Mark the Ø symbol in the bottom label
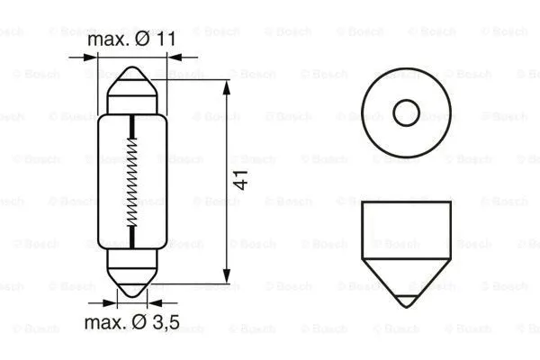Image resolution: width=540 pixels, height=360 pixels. pyautogui.click(x=144, y=322)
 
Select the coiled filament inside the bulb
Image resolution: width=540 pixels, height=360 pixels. pyautogui.click(x=133, y=180)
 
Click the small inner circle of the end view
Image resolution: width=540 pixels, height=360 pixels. pyautogui.click(x=407, y=112)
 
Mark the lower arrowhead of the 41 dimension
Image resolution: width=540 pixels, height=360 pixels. pyautogui.click(x=225, y=275)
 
